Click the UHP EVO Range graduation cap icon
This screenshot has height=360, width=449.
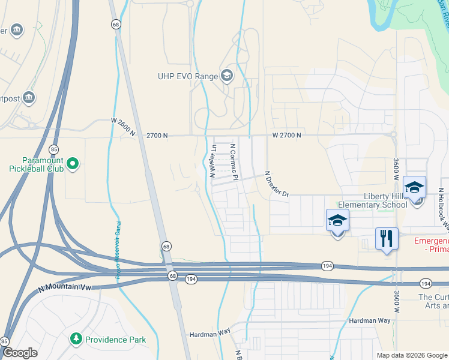[227, 76]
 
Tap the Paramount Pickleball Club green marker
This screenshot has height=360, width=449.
[73, 163]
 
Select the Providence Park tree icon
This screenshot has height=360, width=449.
[75, 340]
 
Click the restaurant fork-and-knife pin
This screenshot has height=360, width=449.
[387, 239]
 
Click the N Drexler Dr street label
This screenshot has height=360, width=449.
[277, 184]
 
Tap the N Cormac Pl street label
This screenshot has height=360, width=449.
[235, 161]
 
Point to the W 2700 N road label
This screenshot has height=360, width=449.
[286, 136]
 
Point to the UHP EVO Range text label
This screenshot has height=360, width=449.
[187, 76]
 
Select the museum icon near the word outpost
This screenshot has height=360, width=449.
[28, 97]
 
